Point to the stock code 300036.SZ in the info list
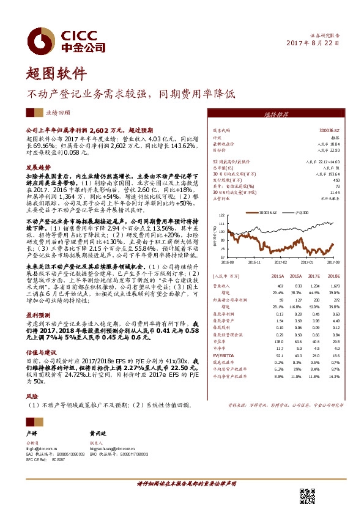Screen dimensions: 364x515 (x=330, y=130)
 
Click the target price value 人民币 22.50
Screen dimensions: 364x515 (x=330, y=149)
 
